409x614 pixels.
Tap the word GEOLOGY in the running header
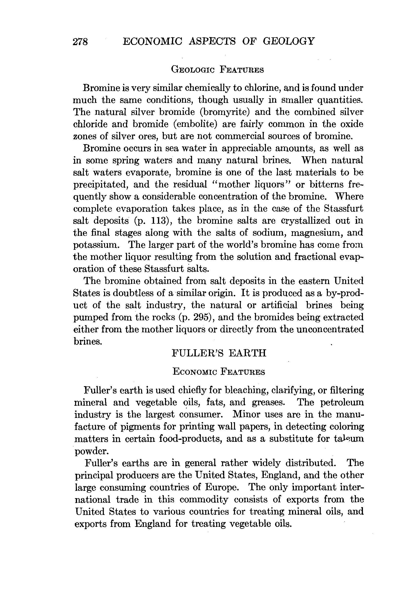coord(289,41)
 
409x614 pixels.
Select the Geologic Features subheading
coord(217,70)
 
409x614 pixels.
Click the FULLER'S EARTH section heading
coord(219,353)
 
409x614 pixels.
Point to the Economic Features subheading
coord(219,372)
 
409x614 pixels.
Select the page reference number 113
coord(159,221)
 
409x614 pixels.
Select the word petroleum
coord(342,402)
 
